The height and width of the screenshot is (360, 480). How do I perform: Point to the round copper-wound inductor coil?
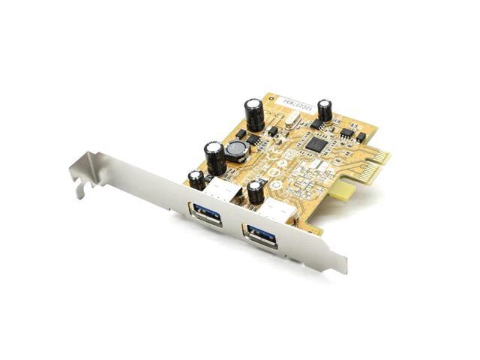click(238, 151)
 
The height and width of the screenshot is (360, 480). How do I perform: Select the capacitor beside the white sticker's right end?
click(325, 109)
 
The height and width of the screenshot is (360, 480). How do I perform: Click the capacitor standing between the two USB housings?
click(256, 190)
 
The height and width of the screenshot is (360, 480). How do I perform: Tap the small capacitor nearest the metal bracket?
click(196, 179)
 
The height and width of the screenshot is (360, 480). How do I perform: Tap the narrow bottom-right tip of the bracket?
click(341, 265)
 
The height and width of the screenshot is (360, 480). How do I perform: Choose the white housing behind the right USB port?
click(281, 212)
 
